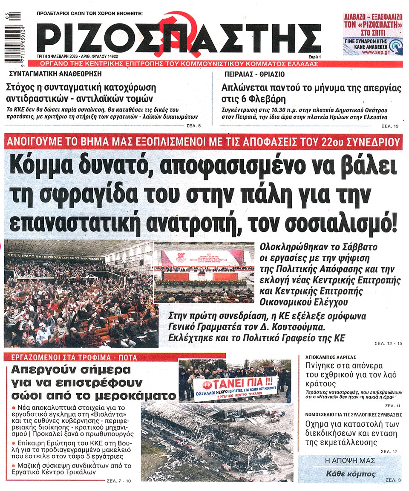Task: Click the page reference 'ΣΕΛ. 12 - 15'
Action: tap(388, 343)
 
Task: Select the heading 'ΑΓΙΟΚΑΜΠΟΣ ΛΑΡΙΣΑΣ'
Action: tap(331, 357)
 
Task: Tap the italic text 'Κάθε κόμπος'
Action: tap(345, 474)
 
